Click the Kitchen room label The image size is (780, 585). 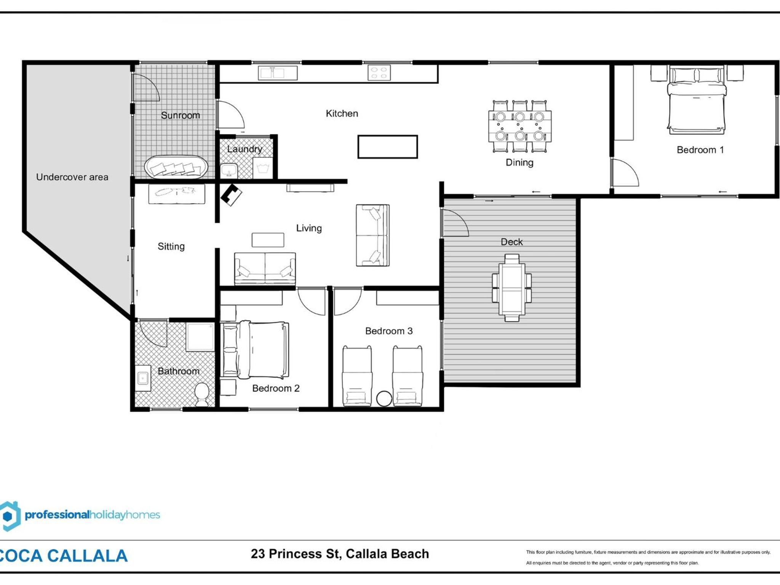pyautogui.click(x=342, y=113)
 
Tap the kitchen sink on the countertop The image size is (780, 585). pyautogui.click(x=277, y=73)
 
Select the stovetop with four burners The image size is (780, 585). pyautogui.click(x=379, y=73)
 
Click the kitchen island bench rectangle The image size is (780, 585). pyautogui.click(x=387, y=147)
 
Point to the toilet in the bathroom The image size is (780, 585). pyautogui.click(x=202, y=395)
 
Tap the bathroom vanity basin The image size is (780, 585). pyautogui.click(x=143, y=378)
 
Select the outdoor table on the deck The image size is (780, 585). pyautogui.click(x=511, y=288)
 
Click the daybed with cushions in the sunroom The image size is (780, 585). pyautogui.click(x=176, y=167)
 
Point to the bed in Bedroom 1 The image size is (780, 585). pyautogui.click(x=697, y=100)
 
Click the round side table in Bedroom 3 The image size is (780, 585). pyautogui.click(x=384, y=399)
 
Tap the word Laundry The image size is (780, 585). pyautogui.click(x=245, y=149)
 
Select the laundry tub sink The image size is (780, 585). pyautogui.click(x=229, y=171)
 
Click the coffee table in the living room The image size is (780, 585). pyautogui.click(x=268, y=240)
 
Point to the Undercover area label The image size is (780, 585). pyautogui.click(x=72, y=177)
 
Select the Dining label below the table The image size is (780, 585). pyautogui.click(x=519, y=163)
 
